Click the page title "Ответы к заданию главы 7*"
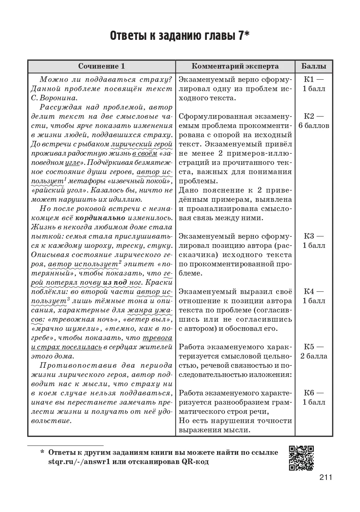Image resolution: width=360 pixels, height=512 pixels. (180, 36)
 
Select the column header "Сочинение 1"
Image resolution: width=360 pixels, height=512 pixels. (102, 66)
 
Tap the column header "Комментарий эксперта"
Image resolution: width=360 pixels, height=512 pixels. (235, 66)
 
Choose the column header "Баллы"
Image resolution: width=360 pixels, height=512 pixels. (314, 66)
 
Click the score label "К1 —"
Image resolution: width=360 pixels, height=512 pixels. (314, 79)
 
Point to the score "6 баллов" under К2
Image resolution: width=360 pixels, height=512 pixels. (314, 126)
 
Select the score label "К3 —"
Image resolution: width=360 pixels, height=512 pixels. (314, 236)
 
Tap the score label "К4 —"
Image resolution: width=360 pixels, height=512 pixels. (314, 291)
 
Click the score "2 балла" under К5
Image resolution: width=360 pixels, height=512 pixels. (314, 356)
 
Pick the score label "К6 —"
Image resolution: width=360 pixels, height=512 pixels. (314, 393)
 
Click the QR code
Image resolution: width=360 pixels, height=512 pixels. (301, 458)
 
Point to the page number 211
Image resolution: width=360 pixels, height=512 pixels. (326, 477)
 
